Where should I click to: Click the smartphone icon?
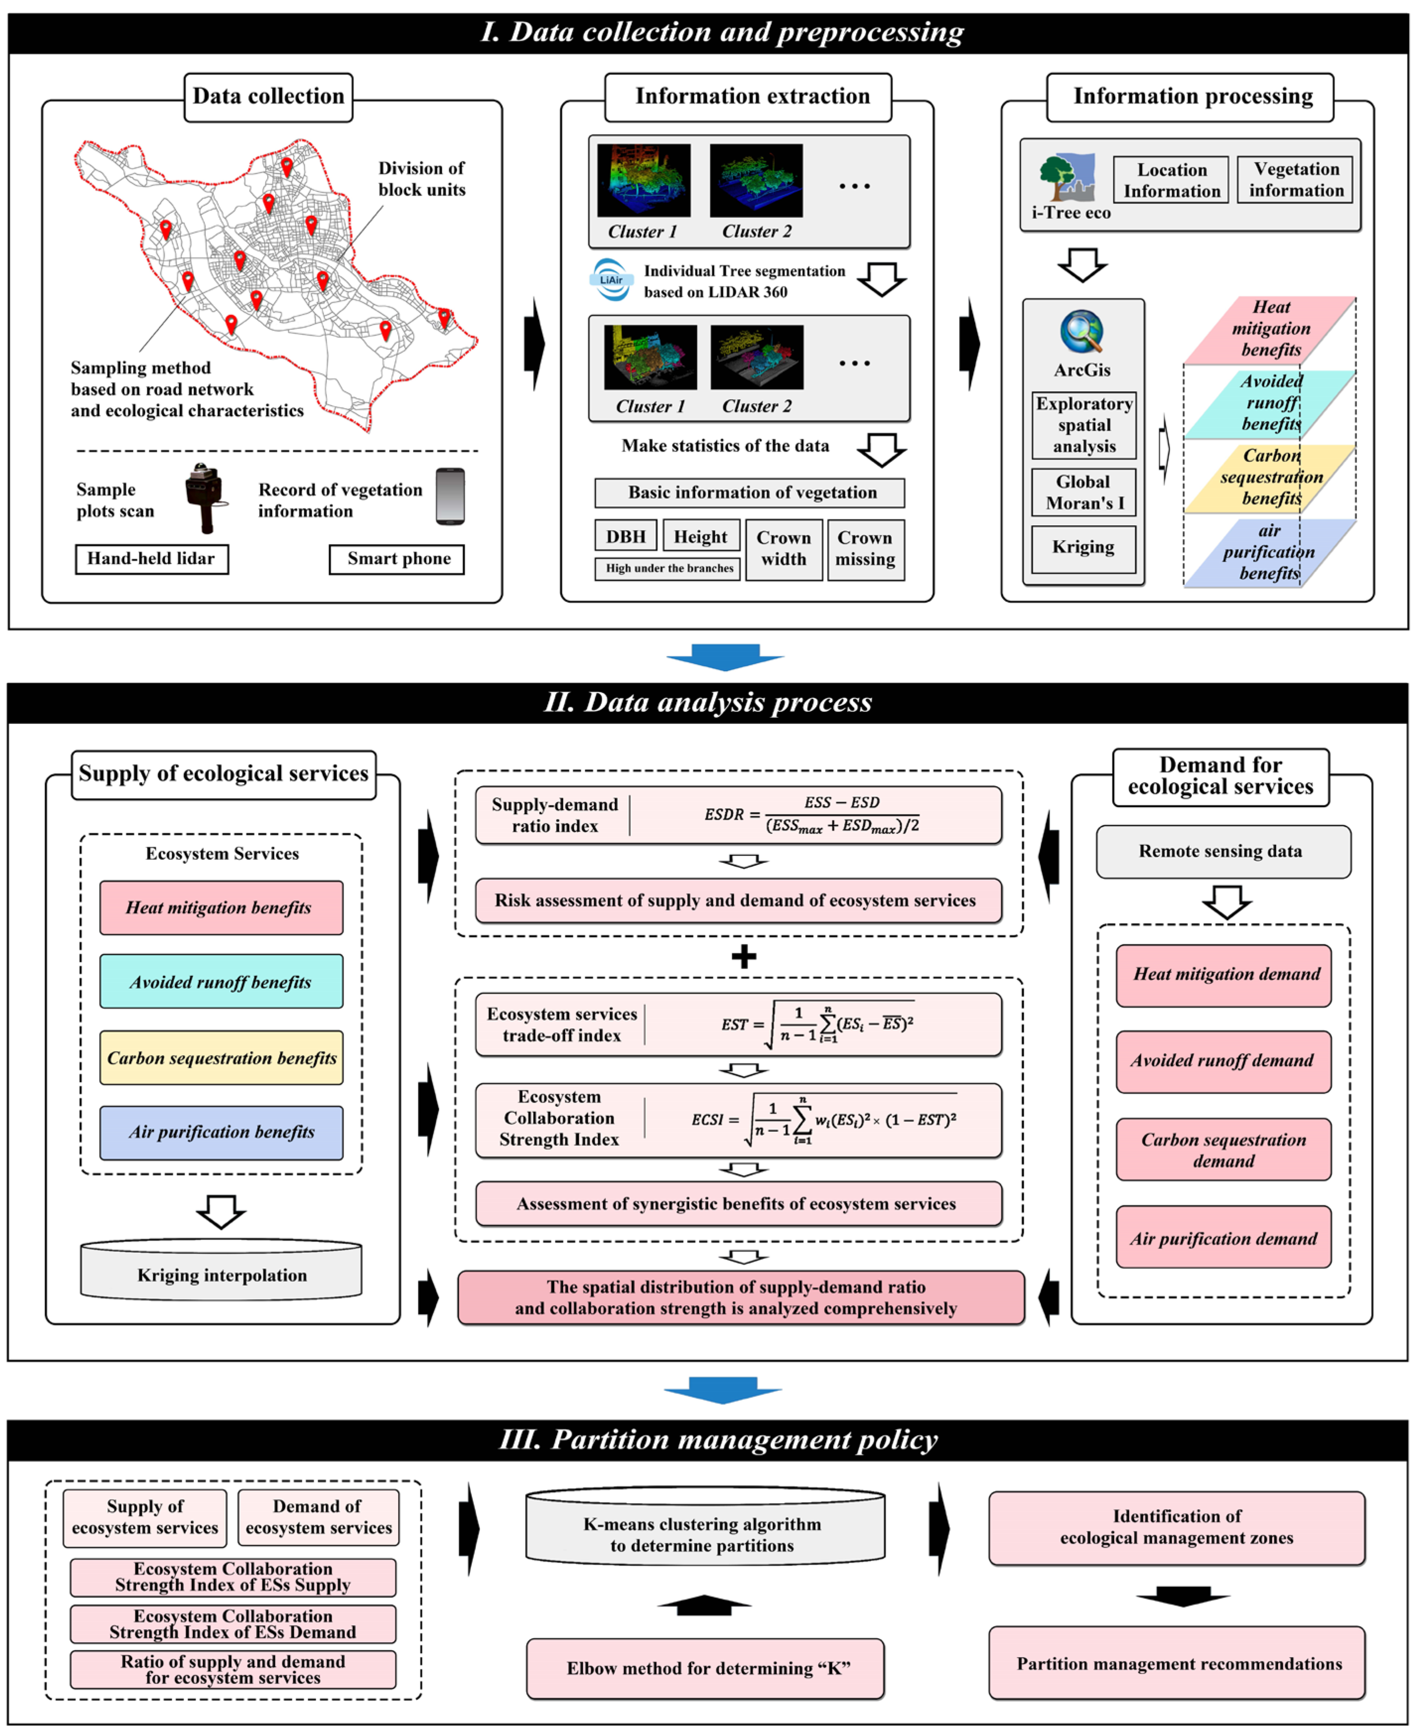pyautogui.click(x=450, y=496)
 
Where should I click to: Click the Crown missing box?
pyautogui.click(x=865, y=549)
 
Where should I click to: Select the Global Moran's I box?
pyautogui.click(x=1083, y=492)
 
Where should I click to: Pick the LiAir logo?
pyautogui.click(x=611, y=280)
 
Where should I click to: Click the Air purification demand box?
pyautogui.click(x=1223, y=1238)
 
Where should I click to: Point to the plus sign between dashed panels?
pyautogui.click(x=743, y=956)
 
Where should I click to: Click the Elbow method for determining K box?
pyautogui.click(x=705, y=1668)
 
